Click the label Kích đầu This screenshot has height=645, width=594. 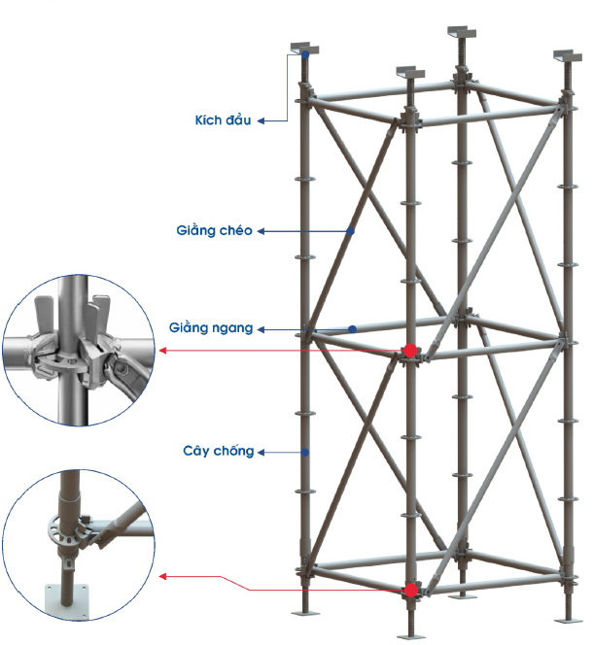tap(223, 120)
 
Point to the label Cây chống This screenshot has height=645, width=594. tap(219, 451)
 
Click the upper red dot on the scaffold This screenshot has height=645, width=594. tap(410, 350)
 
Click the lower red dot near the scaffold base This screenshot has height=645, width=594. tap(410, 590)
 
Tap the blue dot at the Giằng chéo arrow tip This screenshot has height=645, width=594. tap(351, 231)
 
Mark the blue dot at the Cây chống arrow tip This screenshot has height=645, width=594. tap(304, 452)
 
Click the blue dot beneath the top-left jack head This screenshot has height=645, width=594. tap(305, 55)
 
